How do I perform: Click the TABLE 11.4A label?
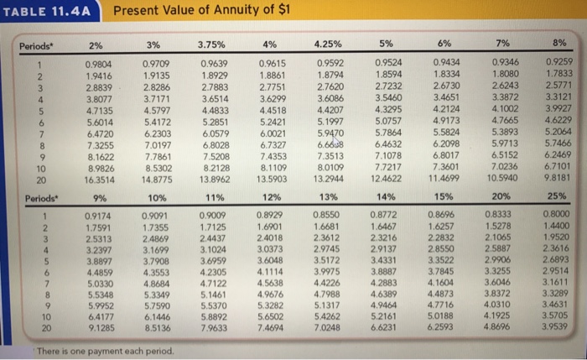[45, 11]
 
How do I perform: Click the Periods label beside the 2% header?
[38, 44]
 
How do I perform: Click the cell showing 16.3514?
[101, 178]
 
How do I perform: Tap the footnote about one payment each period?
[106, 348]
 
